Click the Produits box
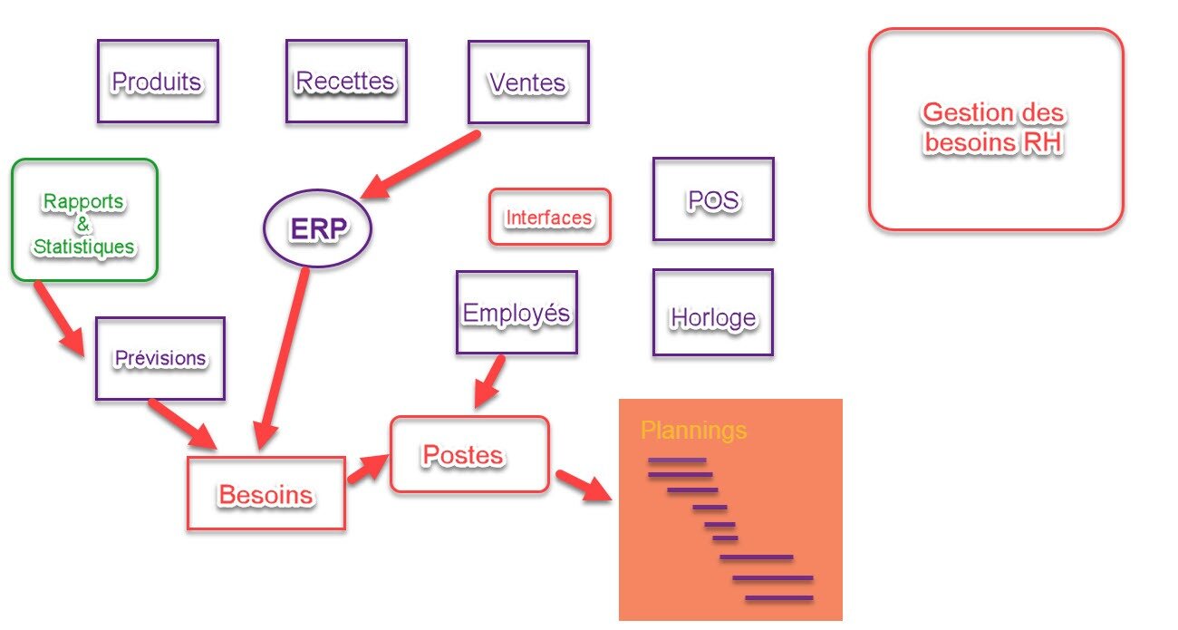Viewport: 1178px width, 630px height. (x=158, y=82)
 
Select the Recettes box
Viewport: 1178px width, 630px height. (x=345, y=82)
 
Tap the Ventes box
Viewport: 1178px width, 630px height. (x=528, y=82)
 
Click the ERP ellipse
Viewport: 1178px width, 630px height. (x=318, y=229)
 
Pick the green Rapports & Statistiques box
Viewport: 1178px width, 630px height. (x=84, y=220)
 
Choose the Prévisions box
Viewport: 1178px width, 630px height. (x=159, y=358)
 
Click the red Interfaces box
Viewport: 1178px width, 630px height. (x=549, y=218)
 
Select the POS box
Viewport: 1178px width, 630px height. (x=713, y=200)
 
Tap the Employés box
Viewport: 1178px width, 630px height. (x=517, y=313)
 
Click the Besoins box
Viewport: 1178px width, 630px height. (x=266, y=494)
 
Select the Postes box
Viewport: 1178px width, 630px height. (x=469, y=454)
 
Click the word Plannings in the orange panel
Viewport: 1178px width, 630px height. (x=694, y=430)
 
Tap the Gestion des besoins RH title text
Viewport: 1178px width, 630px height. (x=994, y=128)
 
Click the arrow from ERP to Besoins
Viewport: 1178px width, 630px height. (x=282, y=358)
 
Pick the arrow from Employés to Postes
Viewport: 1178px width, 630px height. (x=490, y=382)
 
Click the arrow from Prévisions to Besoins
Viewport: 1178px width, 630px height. (x=182, y=423)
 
